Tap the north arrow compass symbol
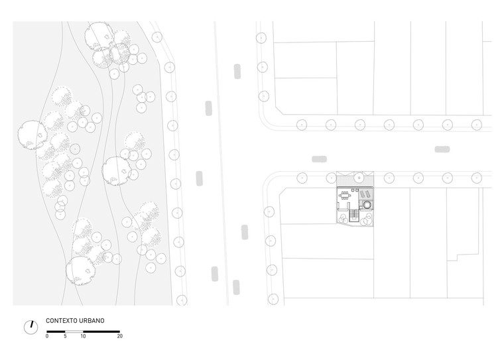click(x=31, y=328)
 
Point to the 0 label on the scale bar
click(x=47, y=336)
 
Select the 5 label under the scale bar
click(x=65, y=336)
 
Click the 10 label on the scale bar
click(x=84, y=336)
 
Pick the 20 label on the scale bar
click(x=120, y=336)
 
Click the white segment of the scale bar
click(x=74, y=331)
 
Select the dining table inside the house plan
click(x=345, y=195)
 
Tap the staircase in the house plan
click(x=354, y=215)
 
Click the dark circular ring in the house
click(x=367, y=204)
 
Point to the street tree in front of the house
click(x=359, y=178)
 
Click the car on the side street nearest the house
click(x=319, y=159)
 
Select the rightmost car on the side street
click(x=442, y=149)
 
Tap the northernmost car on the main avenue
click(x=237, y=72)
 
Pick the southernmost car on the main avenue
click(x=236, y=287)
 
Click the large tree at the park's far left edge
click(x=32, y=135)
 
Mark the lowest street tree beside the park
click(x=182, y=300)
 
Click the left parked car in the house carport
click(x=362, y=194)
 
